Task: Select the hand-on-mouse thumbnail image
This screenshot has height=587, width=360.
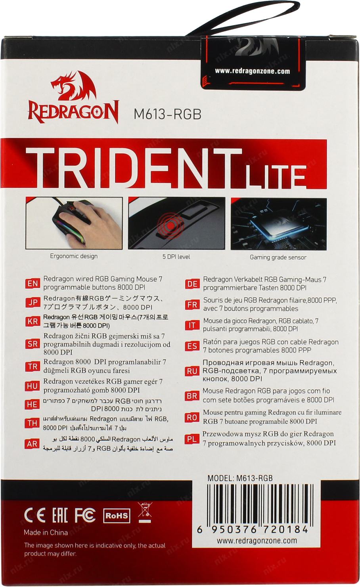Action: [74, 223]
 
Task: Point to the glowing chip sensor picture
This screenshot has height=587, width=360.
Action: [278, 224]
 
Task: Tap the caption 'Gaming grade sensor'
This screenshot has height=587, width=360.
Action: [278, 257]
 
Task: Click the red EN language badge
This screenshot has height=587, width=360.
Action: [33, 284]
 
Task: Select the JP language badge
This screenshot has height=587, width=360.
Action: [33, 302]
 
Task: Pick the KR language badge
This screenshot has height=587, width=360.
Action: [33, 321]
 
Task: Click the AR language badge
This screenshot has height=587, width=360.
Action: [32, 444]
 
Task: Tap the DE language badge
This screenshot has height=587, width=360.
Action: [192, 284]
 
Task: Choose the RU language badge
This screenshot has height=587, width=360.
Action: [192, 371]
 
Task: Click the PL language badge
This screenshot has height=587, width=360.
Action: [191, 439]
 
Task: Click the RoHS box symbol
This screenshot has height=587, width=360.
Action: [117, 516]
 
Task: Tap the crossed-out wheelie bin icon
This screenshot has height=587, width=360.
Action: [145, 512]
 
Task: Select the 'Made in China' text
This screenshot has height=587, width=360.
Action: [46, 533]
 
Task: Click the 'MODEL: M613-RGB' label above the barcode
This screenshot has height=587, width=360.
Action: [240, 478]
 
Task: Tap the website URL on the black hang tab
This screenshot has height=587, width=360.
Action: [252, 71]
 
